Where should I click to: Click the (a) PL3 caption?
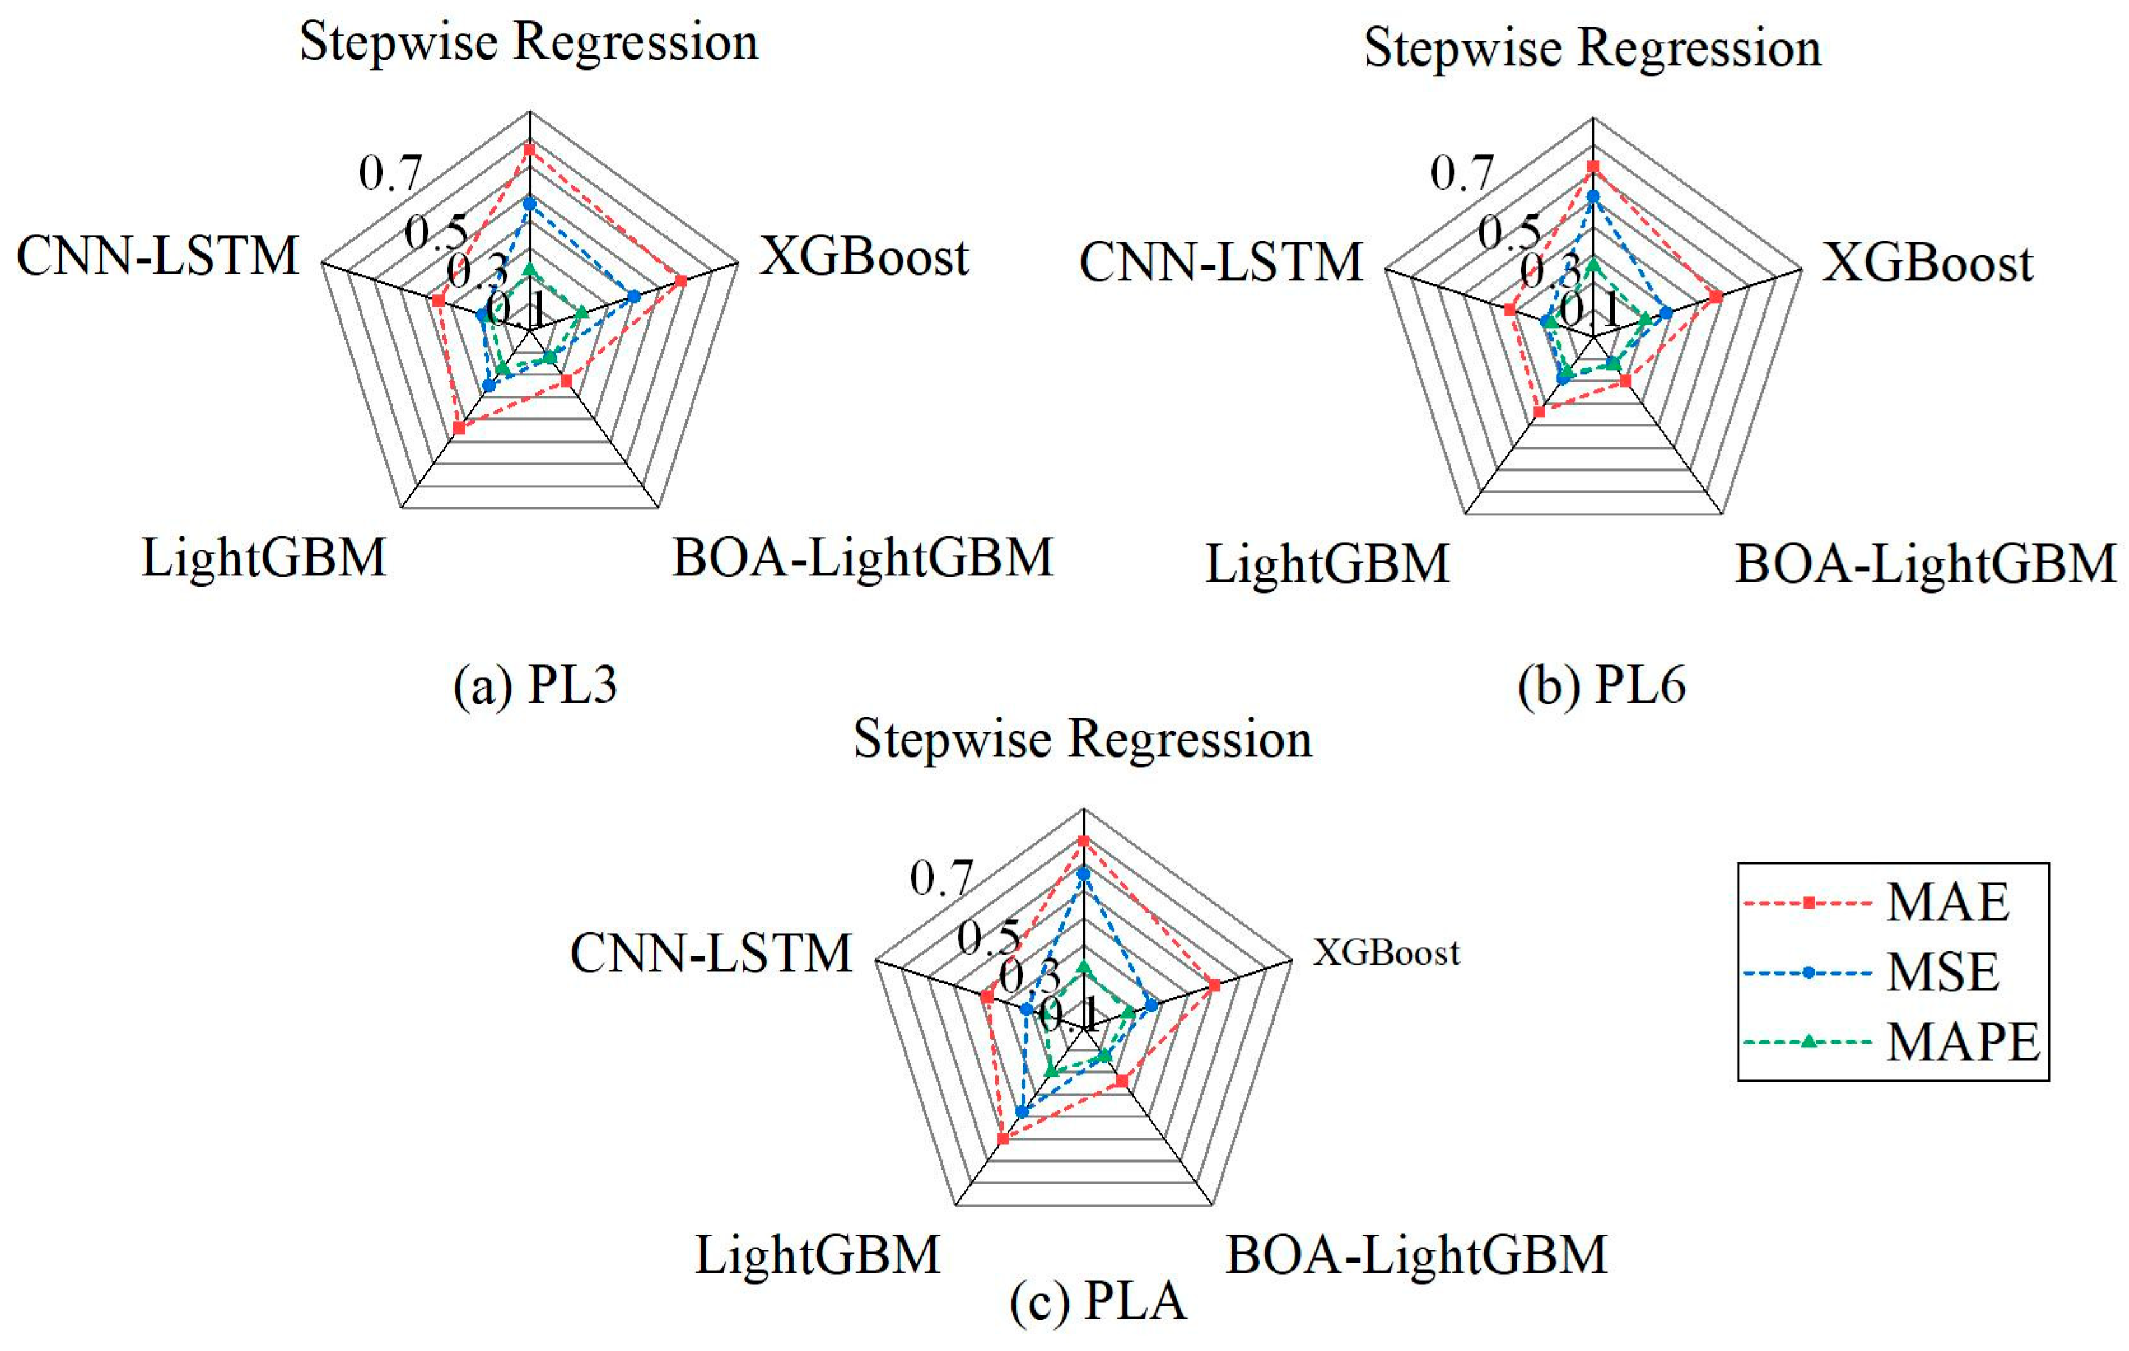pyautogui.click(x=535, y=685)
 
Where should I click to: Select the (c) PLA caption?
pyautogui.click(x=1097, y=1301)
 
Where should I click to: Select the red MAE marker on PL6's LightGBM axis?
pyautogui.click(x=1539, y=412)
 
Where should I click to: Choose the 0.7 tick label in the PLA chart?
pyautogui.click(x=941, y=878)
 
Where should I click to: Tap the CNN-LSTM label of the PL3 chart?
pyautogui.click(x=157, y=256)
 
